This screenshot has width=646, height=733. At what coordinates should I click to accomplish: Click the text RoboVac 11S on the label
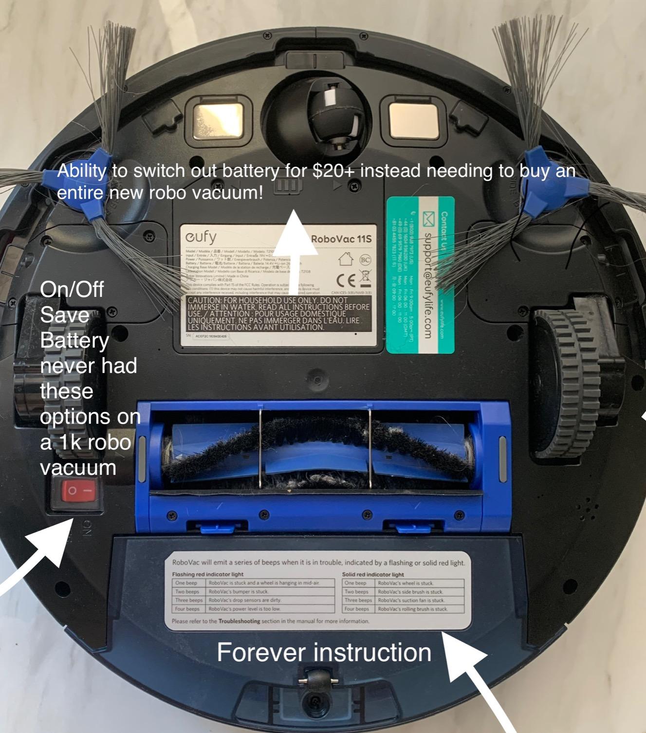click(x=341, y=239)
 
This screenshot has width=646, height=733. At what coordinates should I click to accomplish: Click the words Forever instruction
click(x=324, y=653)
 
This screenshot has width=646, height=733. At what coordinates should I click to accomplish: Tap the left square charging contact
click(x=218, y=120)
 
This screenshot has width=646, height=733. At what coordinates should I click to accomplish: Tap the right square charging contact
click(x=413, y=120)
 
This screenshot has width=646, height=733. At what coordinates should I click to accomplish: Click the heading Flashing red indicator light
click(x=207, y=574)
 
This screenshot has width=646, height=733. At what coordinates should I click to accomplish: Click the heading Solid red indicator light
click(x=373, y=574)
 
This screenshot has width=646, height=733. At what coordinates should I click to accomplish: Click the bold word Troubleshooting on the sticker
click(x=239, y=621)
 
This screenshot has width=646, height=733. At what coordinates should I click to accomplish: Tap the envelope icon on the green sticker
click(x=429, y=219)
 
